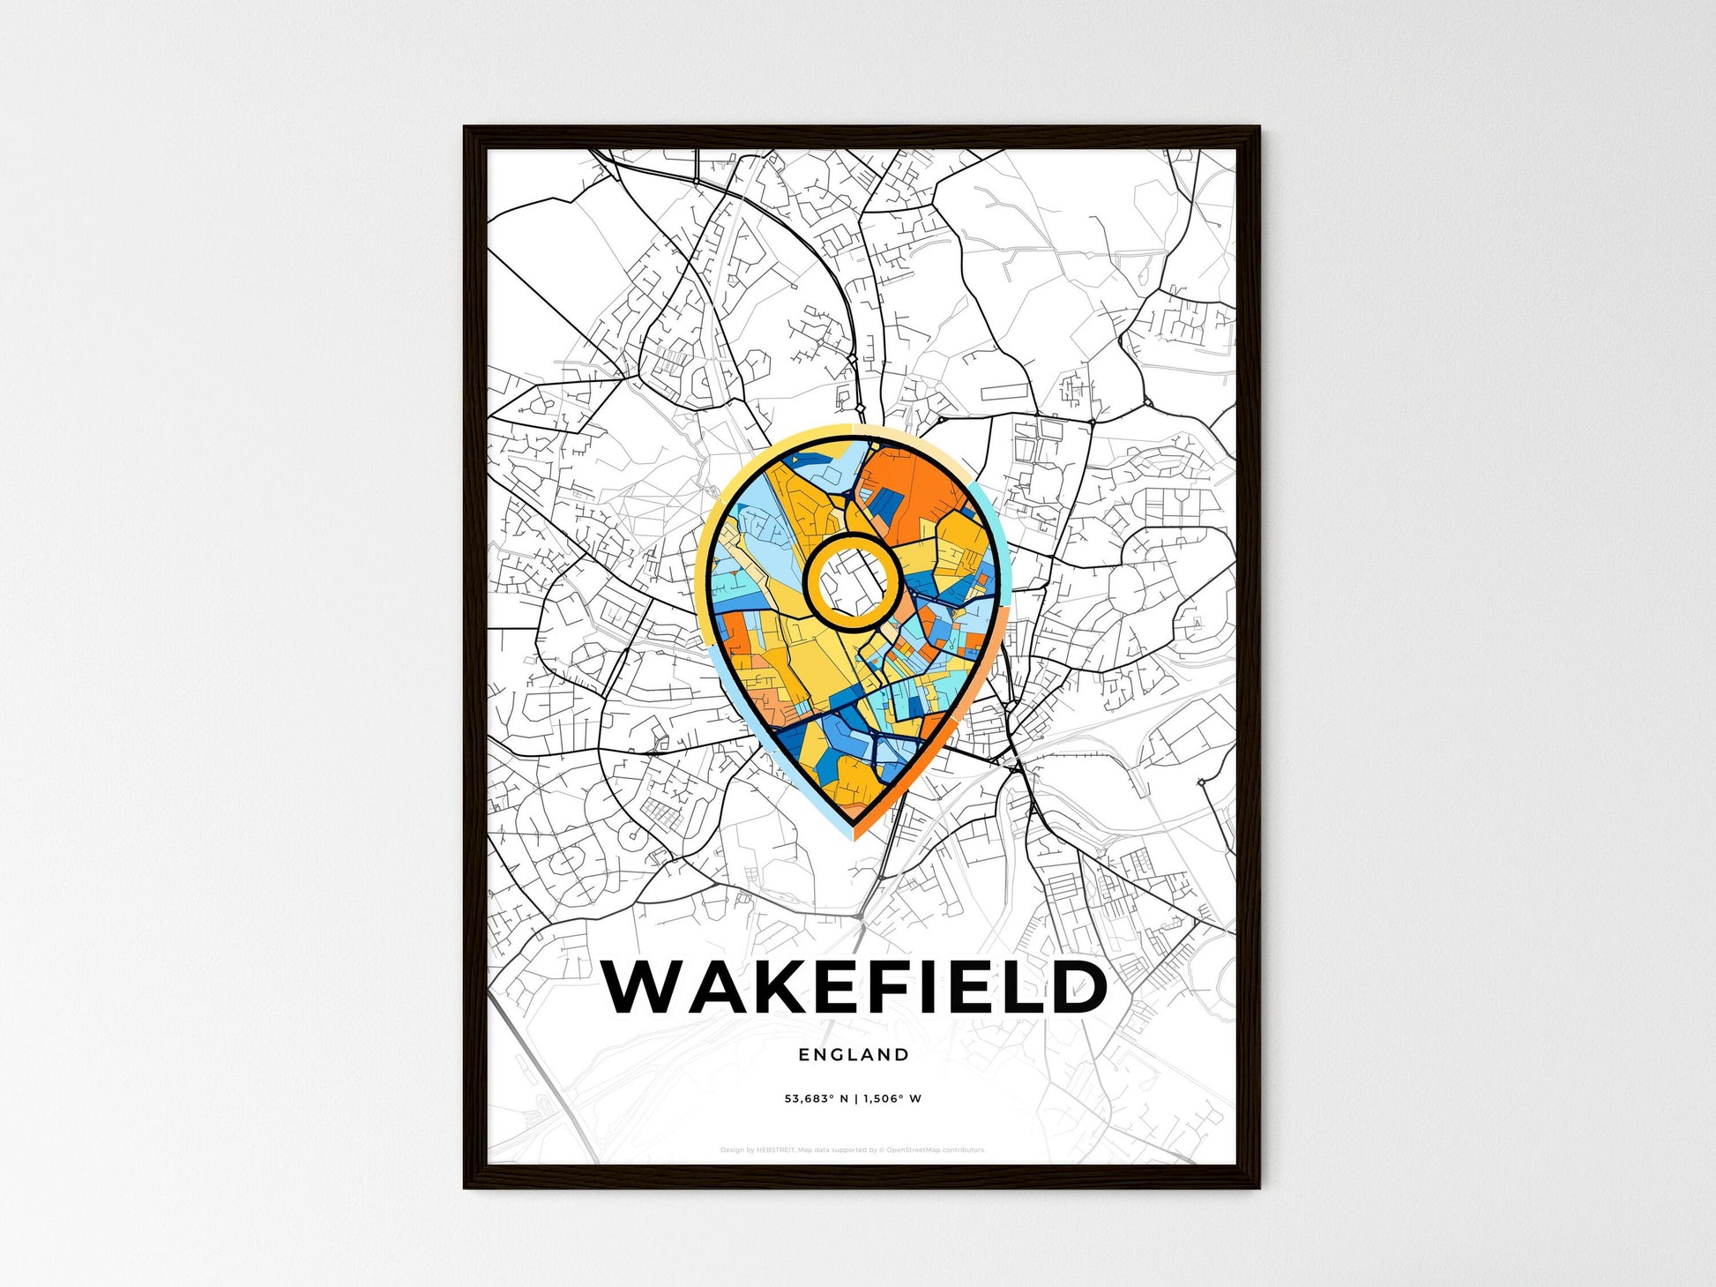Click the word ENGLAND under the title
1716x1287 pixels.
(x=854, y=1054)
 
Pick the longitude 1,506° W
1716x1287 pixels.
(x=892, y=1099)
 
